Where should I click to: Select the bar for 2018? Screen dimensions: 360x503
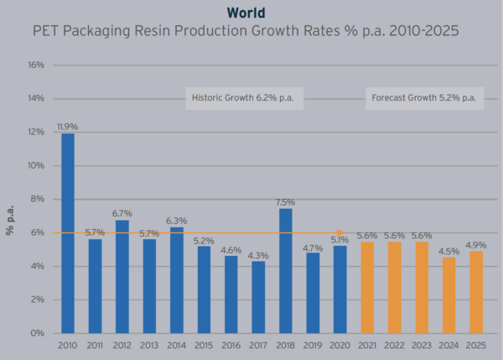coord(285,270)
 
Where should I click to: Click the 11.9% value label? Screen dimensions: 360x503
coord(68,127)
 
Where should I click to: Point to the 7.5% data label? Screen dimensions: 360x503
coord(285,201)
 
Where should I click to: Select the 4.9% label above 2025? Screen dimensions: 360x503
coord(476,244)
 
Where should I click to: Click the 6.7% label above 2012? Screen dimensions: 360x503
coord(122,213)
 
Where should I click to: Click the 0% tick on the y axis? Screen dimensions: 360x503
coord(38,333)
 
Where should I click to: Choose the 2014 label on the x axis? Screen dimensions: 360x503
coord(177,346)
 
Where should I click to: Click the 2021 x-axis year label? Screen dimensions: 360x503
coord(367,346)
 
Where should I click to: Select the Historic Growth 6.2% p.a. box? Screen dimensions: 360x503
coord(243,98)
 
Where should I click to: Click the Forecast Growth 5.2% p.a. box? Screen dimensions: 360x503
coord(423,98)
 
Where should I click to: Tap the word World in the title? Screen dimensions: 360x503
coord(246,13)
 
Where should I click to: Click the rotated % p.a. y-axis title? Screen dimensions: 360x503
coord(11,217)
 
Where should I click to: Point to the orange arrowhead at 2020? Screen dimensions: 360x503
coord(340,232)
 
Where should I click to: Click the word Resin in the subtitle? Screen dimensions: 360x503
coord(196,33)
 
